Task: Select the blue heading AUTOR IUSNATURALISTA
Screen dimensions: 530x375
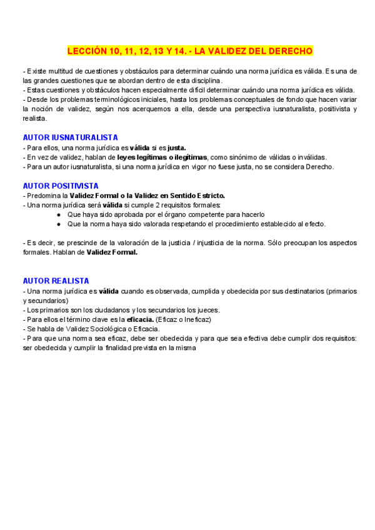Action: (70, 137)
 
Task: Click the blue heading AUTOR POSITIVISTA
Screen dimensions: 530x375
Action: (60, 186)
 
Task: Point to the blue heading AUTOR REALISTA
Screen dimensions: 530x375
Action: (56, 281)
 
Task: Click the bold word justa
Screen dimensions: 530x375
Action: (174, 148)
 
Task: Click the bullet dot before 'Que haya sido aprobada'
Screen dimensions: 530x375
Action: (58, 214)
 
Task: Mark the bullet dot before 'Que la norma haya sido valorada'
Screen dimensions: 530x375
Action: (58, 224)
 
